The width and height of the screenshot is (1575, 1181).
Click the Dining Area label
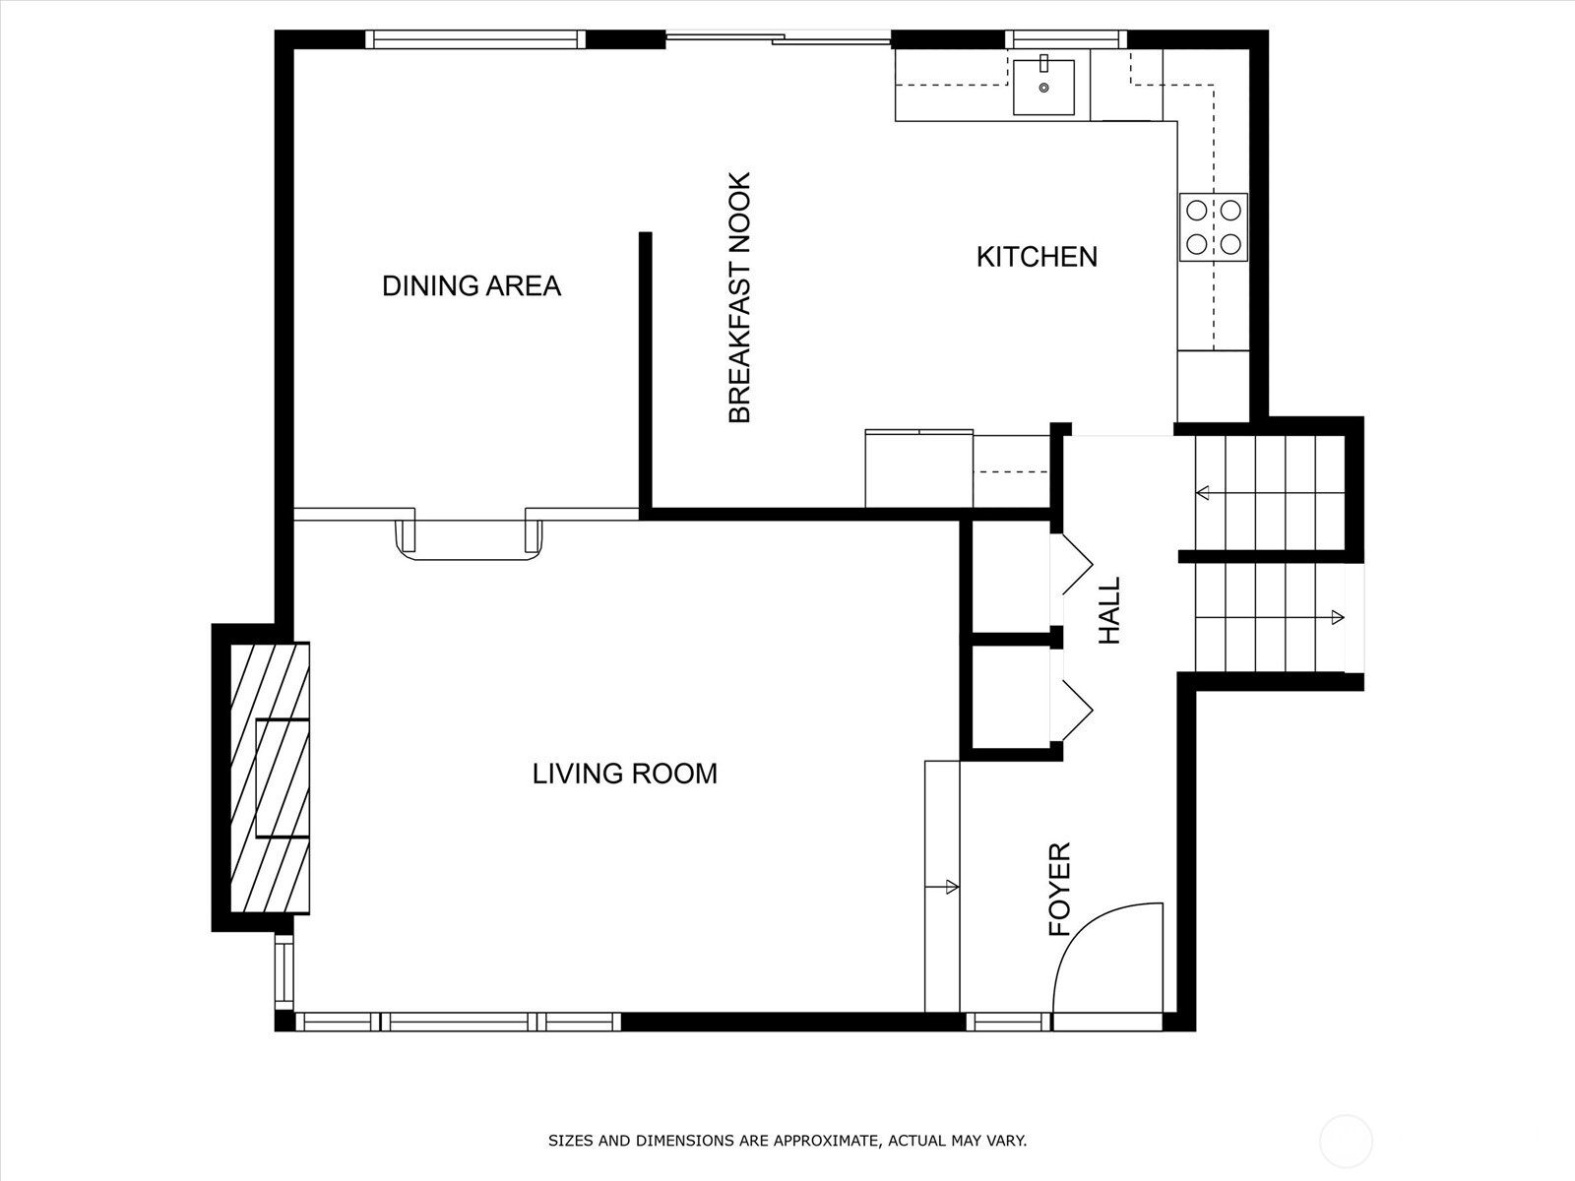[x=471, y=286]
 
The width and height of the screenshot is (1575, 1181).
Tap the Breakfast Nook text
[x=739, y=298]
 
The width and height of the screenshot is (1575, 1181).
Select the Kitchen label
[x=1037, y=257]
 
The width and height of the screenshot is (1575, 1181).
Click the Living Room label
[x=624, y=774]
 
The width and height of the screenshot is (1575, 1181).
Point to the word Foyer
[x=1059, y=889]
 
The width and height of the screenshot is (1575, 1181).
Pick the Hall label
[x=1109, y=610]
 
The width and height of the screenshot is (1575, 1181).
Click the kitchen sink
[x=1043, y=86]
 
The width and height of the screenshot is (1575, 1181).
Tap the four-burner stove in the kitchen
[x=1214, y=226]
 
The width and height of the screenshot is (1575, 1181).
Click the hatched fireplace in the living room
[x=269, y=777]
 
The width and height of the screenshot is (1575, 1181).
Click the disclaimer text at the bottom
[x=787, y=1141]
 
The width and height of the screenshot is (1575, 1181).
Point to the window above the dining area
[x=475, y=39]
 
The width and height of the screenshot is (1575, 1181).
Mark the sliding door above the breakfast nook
[x=778, y=38]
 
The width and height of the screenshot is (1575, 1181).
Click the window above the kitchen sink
[x=1066, y=39]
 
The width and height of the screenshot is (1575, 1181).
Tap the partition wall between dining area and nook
[x=646, y=374]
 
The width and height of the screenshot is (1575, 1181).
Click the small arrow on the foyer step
[x=950, y=887]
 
